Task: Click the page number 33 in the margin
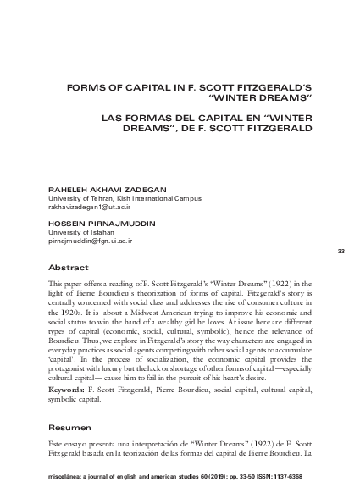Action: [x=341, y=252]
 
